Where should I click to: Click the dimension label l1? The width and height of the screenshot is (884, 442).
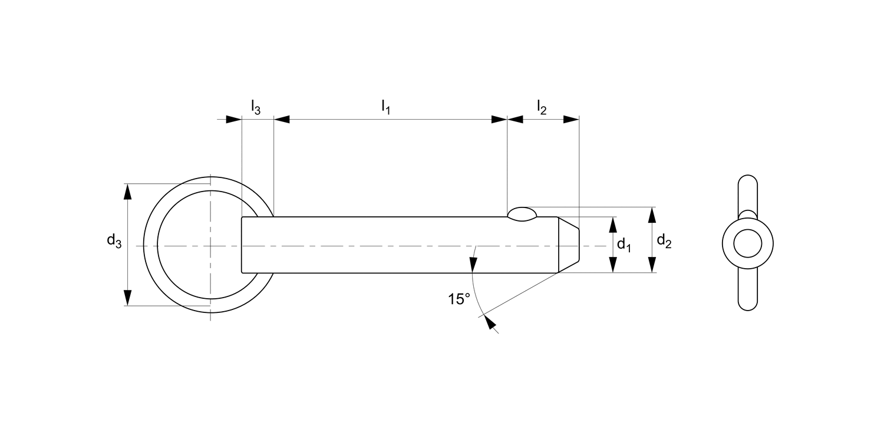pyautogui.click(x=386, y=107)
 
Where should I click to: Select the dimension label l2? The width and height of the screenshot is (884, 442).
pyautogui.click(x=542, y=107)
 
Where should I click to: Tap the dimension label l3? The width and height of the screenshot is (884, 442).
pyautogui.click(x=255, y=107)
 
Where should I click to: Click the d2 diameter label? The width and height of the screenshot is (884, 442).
pyautogui.click(x=664, y=240)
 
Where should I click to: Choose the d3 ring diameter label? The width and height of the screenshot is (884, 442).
pyautogui.click(x=114, y=240)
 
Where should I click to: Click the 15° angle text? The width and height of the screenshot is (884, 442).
pyautogui.click(x=459, y=299)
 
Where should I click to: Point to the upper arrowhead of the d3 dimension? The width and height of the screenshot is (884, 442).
pyautogui.click(x=127, y=191)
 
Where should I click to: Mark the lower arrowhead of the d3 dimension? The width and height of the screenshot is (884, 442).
pyautogui.click(x=127, y=298)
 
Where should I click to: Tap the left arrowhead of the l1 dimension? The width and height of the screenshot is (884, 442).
pyautogui.click(x=282, y=120)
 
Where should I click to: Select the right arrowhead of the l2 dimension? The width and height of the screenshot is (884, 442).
pyautogui.click(x=571, y=120)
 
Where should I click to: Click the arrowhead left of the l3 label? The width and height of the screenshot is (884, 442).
pyautogui.click(x=233, y=120)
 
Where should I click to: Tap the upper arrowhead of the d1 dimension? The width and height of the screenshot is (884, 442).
pyautogui.click(x=613, y=225)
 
